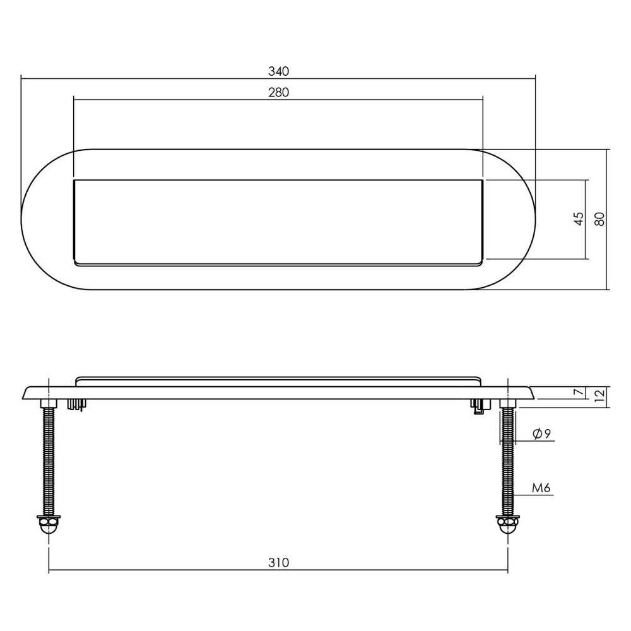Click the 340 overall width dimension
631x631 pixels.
point(278,71)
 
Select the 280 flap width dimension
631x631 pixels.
point(278,93)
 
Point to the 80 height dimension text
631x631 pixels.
point(600,219)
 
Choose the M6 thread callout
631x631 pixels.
point(541,487)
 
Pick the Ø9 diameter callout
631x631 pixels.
point(542,433)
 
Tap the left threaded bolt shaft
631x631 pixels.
point(49,461)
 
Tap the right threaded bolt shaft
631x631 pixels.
point(507,461)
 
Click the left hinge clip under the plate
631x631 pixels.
point(76,404)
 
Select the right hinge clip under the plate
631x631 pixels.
point(479,406)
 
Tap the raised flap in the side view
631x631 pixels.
point(278,381)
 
